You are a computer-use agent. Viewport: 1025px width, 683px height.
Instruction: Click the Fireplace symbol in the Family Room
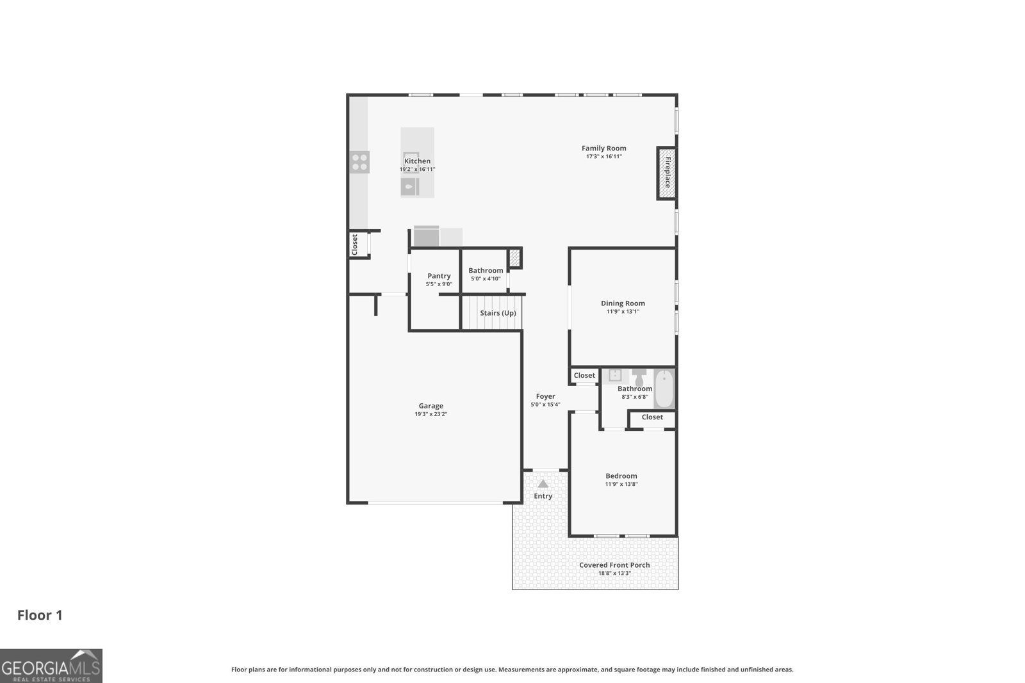click(666, 173)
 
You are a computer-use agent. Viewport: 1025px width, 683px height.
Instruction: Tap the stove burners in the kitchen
click(359, 162)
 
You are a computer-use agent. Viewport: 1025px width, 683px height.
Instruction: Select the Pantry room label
click(439, 276)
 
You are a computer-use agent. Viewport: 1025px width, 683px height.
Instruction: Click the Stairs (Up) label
click(498, 313)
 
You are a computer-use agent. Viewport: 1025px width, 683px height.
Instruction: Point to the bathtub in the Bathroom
click(664, 389)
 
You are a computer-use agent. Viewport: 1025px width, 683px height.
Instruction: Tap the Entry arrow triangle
click(543, 484)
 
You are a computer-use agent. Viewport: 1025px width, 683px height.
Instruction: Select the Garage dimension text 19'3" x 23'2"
click(430, 414)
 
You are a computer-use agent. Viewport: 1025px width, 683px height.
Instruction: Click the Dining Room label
click(623, 303)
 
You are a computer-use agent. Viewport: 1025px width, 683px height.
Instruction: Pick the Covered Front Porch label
click(614, 565)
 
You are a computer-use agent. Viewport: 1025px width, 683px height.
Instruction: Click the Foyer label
click(545, 396)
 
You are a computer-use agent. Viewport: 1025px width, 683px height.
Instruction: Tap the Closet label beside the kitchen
click(354, 245)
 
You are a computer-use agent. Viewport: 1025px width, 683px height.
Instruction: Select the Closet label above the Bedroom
click(652, 417)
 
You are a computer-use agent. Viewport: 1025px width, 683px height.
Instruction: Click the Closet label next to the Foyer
click(584, 376)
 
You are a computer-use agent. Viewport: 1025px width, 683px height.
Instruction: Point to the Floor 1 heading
click(40, 615)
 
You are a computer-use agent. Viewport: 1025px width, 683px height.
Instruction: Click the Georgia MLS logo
click(51, 666)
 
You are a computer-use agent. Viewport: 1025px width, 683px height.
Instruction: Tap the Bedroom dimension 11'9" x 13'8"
click(621, 485)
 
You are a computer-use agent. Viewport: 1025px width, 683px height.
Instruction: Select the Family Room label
click(603, 149)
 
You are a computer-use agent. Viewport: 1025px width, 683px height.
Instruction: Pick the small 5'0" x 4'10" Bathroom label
click(486, 271)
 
